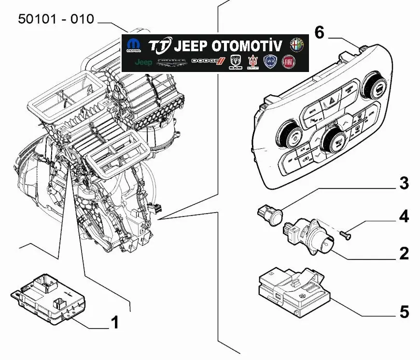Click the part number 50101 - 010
[56, 19]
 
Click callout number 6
[319, 33]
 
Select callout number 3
[404, 183]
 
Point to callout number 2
[404, 253]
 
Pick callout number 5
[404, 312]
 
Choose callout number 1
[114, 322]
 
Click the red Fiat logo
[289, 61]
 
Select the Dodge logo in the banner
[208, 61]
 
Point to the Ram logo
[235, 61]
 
